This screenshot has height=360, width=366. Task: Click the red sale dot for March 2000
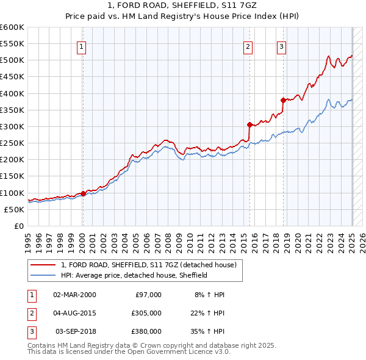pyautogui.click(x=83, y=194)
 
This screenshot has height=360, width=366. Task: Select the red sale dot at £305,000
pyautogui.click(x=249, y=125)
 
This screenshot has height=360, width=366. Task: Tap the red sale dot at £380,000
pyautogui.click(x=283, y=100)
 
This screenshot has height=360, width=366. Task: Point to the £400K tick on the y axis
pyautogui.click(x=12, y=93)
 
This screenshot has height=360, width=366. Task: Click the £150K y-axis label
pyautogui.click(x=12, y=176)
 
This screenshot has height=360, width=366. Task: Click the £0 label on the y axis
pyautogui.click(x=18, y=226)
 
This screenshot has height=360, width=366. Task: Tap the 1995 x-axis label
pyautogui.click(x=28, y=241)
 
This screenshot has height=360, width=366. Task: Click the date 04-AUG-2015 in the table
pyautogui.click(x=74, y=313)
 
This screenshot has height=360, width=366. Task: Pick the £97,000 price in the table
pyautogui.click(x=148, y=295)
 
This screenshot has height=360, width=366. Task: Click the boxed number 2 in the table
pyautogui.click(x=31, y=313)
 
